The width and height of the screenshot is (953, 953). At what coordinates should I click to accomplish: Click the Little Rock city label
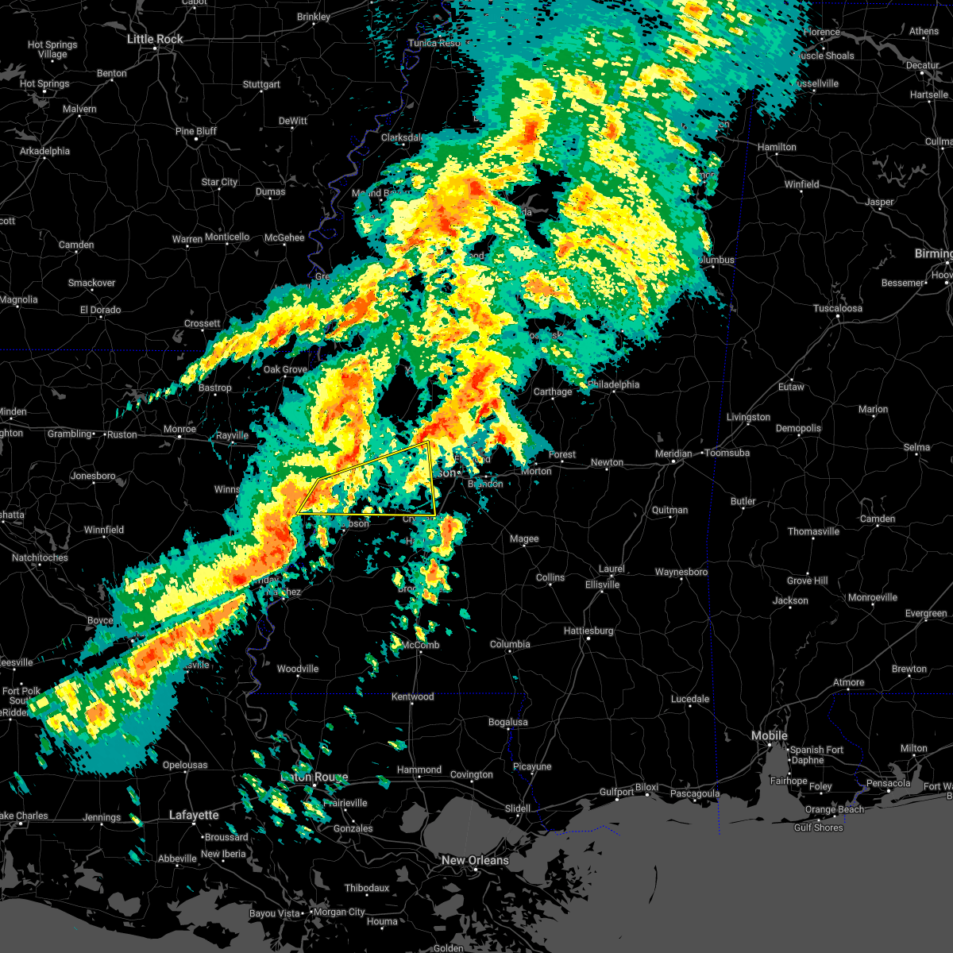[155, 39]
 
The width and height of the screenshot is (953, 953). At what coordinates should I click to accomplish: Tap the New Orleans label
[475, 860]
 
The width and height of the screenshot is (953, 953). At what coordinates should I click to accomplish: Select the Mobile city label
[770, 736]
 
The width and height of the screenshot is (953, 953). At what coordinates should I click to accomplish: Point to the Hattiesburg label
[588, 631]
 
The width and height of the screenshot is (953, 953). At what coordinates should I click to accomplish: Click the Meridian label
[673, 453]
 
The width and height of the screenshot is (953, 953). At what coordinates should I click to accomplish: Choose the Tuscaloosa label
[839, 308]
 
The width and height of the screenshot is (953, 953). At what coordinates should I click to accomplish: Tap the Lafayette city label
[194, 815]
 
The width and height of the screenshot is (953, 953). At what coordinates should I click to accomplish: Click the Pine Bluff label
[195, 131]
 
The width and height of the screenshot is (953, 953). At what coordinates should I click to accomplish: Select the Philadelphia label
[614, 384]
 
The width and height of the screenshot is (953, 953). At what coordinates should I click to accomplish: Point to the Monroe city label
[179, 429]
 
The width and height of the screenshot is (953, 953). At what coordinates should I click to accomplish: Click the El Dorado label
[100, 310]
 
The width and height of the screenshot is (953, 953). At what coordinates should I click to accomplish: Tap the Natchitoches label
[40, 558]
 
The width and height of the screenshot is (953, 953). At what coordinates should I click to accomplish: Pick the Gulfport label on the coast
[616, 792]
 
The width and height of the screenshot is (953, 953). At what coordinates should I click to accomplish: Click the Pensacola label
[888, 783]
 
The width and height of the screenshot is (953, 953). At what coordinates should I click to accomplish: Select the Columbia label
[510, 644]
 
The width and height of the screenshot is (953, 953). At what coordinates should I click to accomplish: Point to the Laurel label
[612, 569]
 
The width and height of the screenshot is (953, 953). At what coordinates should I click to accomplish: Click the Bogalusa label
[507, 722]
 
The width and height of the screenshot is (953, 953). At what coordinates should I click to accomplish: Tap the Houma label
[382, 921]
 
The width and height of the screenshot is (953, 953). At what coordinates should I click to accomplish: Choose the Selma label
[916, 447]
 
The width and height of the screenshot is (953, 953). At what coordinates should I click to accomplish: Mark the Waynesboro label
[681, 572]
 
